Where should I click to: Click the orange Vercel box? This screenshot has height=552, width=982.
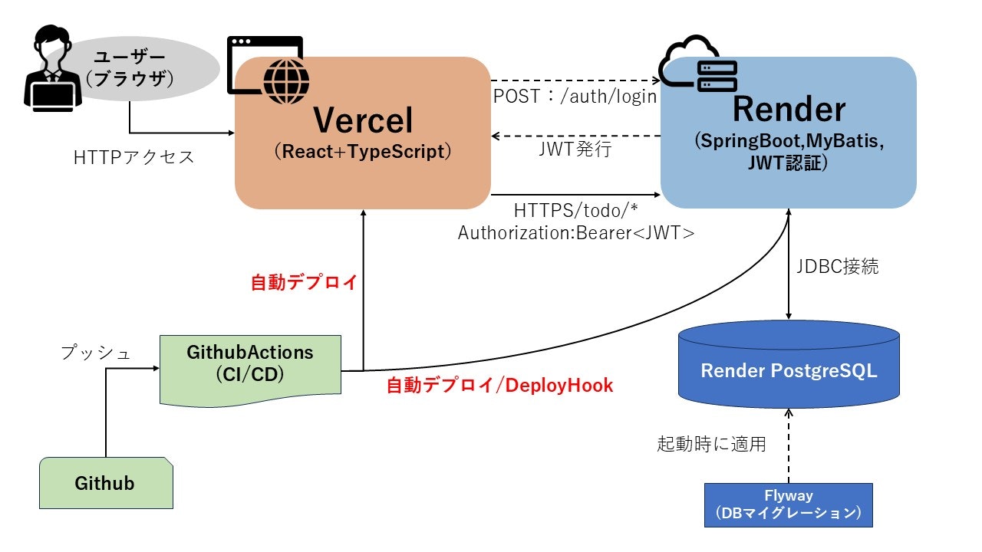362,134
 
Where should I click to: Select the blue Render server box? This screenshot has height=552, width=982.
789,134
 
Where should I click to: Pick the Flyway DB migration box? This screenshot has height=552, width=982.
789,504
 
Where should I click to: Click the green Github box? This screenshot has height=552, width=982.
105,483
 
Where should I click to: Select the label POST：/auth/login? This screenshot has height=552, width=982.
575,97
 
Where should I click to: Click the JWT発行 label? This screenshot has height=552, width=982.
575,149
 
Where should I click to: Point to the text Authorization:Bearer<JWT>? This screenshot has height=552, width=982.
576,233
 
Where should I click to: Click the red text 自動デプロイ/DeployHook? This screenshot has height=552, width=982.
499,385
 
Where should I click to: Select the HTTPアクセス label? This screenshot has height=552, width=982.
134,157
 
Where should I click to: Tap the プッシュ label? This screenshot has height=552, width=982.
96,353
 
